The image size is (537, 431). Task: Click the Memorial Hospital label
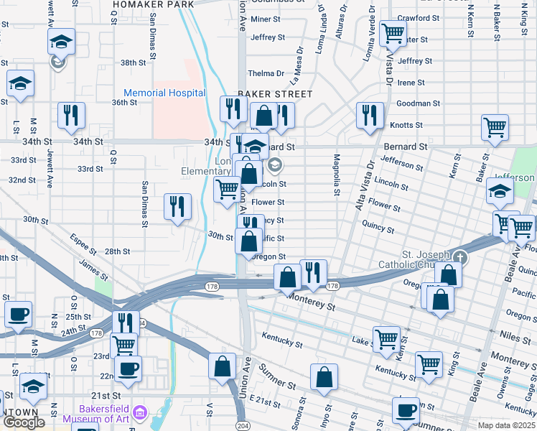coord(164,93)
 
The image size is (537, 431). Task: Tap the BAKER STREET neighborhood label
coord(275,94)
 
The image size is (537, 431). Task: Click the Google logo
coord(24,422)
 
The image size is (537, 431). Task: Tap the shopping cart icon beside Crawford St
coord(393,32)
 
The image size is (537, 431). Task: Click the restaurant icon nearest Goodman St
coord(369,115)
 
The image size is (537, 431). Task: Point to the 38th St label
coord(134,63)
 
